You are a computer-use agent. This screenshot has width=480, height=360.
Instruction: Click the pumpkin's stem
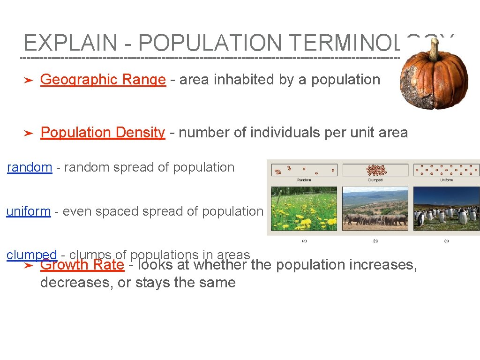(434, 49)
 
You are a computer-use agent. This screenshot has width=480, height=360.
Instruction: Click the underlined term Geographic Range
(103, 80)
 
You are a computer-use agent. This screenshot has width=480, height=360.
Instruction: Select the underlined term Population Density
(103, 133)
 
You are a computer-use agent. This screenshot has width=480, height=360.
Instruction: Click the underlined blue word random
(30, 167)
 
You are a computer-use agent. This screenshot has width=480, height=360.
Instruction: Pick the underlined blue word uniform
(28, 211)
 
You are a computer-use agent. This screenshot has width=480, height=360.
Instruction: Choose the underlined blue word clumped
(31, 255)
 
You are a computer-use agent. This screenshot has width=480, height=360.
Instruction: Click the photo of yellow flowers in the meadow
(304, 209)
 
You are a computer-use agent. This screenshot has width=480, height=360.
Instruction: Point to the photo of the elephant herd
(375, 209)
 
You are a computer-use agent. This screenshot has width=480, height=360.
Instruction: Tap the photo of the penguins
(446, 209)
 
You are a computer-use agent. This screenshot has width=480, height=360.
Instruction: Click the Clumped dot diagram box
(375, 170)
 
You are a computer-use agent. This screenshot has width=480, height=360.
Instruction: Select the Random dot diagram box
(304, 170)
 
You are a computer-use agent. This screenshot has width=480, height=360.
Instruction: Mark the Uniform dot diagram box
(446, 170)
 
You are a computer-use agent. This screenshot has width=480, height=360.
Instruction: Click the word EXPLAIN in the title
(70, 43)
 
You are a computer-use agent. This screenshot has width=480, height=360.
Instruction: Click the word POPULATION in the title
(210, 43)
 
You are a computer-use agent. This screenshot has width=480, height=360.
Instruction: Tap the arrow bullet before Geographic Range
(28, 81)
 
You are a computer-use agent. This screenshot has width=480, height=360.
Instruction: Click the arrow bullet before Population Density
(28, 134)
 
